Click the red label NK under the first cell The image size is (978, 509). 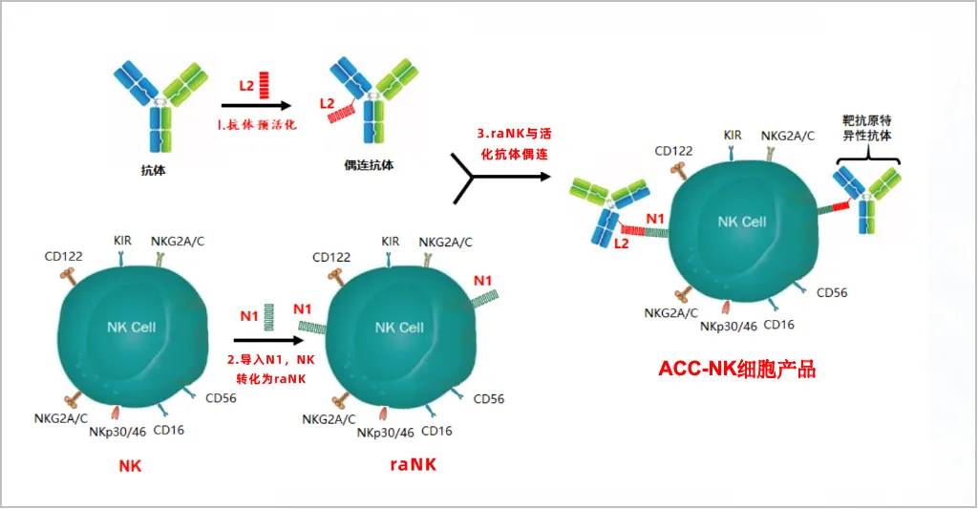(130, 465)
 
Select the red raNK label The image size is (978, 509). (415, 465)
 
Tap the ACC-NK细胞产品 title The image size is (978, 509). (736, 369)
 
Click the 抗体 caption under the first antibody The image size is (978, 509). (153, 169)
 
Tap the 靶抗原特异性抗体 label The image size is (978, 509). (867, 128)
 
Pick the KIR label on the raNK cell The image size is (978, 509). (390, 242)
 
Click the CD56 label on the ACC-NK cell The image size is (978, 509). (831, 292)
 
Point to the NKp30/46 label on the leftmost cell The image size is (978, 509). (117, 431)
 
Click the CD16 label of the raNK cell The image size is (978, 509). (436, 431)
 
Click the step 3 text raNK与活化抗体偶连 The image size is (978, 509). (512, 142)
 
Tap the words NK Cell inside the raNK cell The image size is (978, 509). (399, 328)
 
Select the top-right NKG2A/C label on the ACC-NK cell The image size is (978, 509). (788, 136)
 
